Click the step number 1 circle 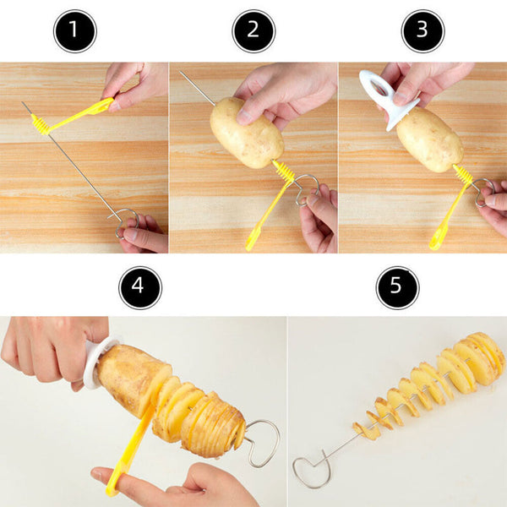74,31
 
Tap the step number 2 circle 253,31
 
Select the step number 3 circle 422,31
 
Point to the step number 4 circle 139,288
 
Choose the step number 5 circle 397,288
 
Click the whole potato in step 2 246,132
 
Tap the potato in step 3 429,139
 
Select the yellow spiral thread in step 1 41,124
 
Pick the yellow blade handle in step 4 127,452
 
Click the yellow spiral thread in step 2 285,172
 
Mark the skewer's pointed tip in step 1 24,104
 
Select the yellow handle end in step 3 437,240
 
